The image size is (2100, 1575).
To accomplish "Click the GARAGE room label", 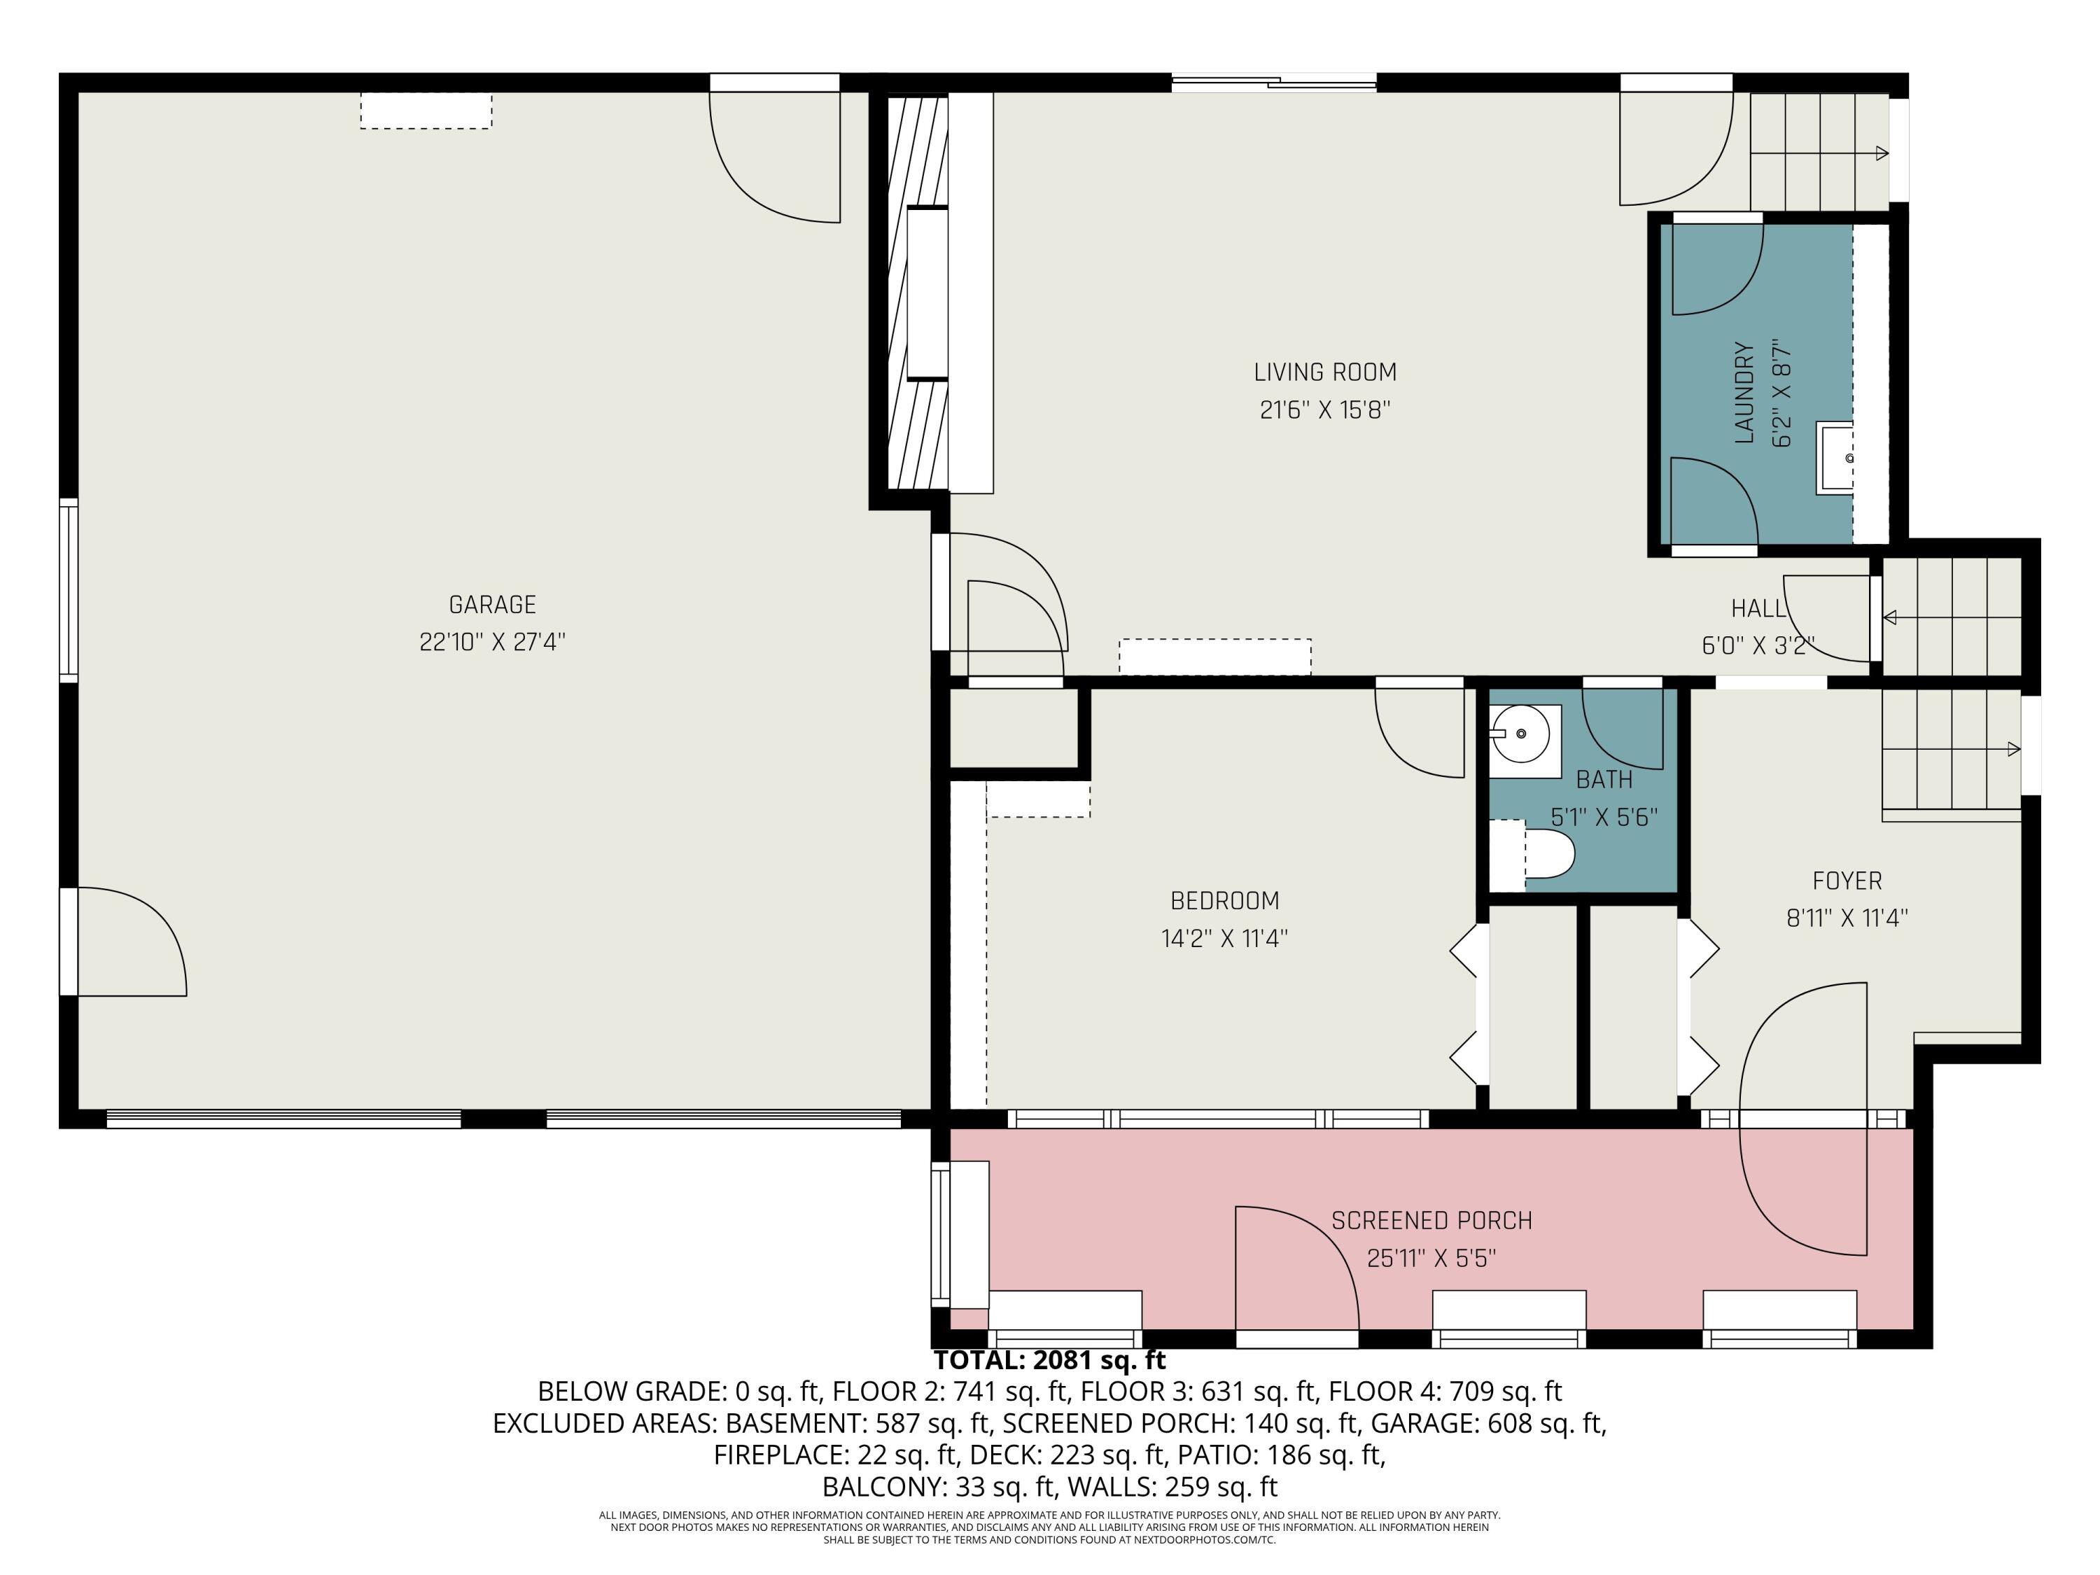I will (492, 605).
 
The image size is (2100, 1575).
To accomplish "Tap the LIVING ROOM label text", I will (1324, 372).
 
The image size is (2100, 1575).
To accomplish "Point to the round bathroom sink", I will (1522, 734).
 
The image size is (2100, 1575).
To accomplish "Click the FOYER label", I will (1847, 881).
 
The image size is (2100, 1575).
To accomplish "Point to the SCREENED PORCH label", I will (1431, 1221).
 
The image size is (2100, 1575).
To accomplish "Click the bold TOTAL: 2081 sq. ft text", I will (1049, 1360).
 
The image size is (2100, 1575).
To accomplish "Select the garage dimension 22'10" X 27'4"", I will (492, 643).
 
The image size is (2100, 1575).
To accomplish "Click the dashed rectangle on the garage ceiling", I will (426, 110).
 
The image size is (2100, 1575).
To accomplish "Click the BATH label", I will (1604, 779).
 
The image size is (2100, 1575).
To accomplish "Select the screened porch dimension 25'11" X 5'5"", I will (1431, 1259).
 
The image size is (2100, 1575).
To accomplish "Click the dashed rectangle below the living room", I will (1214, 656).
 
